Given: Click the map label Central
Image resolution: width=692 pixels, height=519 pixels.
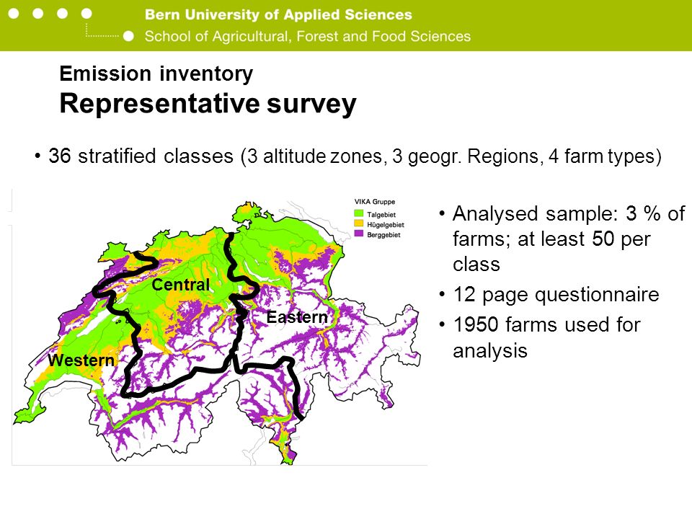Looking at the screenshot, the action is click(x=181, y=285).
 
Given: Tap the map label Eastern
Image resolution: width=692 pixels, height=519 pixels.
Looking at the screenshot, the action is click(x=298, y=317).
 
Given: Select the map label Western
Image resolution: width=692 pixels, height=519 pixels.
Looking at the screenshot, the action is click(x=81, y=360).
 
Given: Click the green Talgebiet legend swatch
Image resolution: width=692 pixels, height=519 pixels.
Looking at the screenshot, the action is click(x=359, y=214).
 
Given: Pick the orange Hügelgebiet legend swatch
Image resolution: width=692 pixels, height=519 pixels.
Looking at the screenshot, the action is click(x=359, y=224).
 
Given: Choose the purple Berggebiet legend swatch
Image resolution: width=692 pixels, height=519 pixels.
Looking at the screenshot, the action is click(x=359, y=234).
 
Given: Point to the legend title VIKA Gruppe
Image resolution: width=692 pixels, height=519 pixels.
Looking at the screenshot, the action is click(x=375, y=202).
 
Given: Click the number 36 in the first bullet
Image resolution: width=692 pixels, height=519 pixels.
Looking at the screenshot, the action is click(x=60, y=156).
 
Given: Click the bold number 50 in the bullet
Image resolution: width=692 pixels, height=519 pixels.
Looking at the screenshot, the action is click(x=603, y=239).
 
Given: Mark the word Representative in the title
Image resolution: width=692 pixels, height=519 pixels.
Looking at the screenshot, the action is click(x=159, y=104).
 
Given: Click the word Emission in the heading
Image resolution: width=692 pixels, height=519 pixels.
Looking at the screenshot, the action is click(x=105, y=74).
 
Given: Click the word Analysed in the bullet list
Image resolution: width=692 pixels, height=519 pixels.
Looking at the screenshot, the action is click(x=495, y=214).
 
